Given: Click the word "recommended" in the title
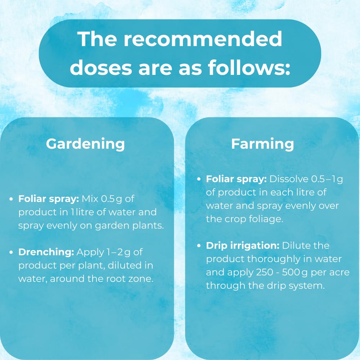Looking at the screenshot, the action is tap(203, 39).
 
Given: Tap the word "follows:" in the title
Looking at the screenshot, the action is tap(249, 68).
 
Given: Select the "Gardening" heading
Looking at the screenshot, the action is tap(85, 144).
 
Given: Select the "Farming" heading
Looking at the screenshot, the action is tap(262, 144).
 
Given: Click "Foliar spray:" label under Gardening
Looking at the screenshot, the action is tap(49, 199).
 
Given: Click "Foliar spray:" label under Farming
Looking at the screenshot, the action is tap(236, 179).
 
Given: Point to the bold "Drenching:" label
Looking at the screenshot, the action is tap(46, 252).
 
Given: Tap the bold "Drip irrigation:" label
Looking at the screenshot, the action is tap(243, 246).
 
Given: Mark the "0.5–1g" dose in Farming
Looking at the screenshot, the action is tap(327, 179).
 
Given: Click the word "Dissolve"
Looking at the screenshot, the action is tap(289, 179).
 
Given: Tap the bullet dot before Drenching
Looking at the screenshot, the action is tap(11, 252).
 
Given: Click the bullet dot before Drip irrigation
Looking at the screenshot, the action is tap(199, 246).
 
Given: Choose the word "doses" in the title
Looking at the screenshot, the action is tap(101, 68).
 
